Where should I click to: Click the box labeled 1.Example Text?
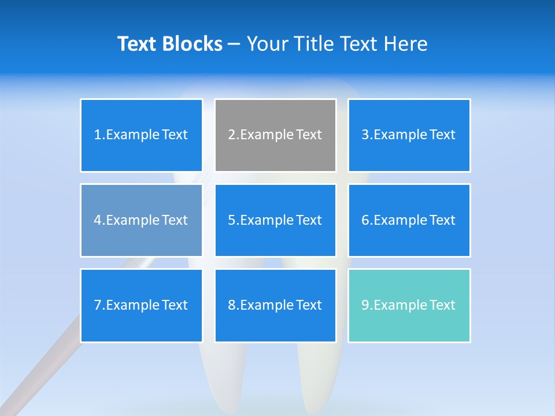pos(141,135)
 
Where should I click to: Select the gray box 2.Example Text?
pos(275,135)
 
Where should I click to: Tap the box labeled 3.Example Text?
pos(409,135)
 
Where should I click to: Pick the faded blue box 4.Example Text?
pos(141,220)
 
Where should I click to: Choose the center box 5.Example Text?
pos(275,220)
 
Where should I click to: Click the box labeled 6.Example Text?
pos(409,220)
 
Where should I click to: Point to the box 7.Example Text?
pos(141,305)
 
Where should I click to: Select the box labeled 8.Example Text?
pos(275,305)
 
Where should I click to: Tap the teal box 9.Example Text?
pos(409,305)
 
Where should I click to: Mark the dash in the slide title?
pos(234,44)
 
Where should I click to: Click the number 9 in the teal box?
pos(365,305)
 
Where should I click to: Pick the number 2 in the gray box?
pos(231,135)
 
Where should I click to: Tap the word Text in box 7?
pos(175,305)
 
